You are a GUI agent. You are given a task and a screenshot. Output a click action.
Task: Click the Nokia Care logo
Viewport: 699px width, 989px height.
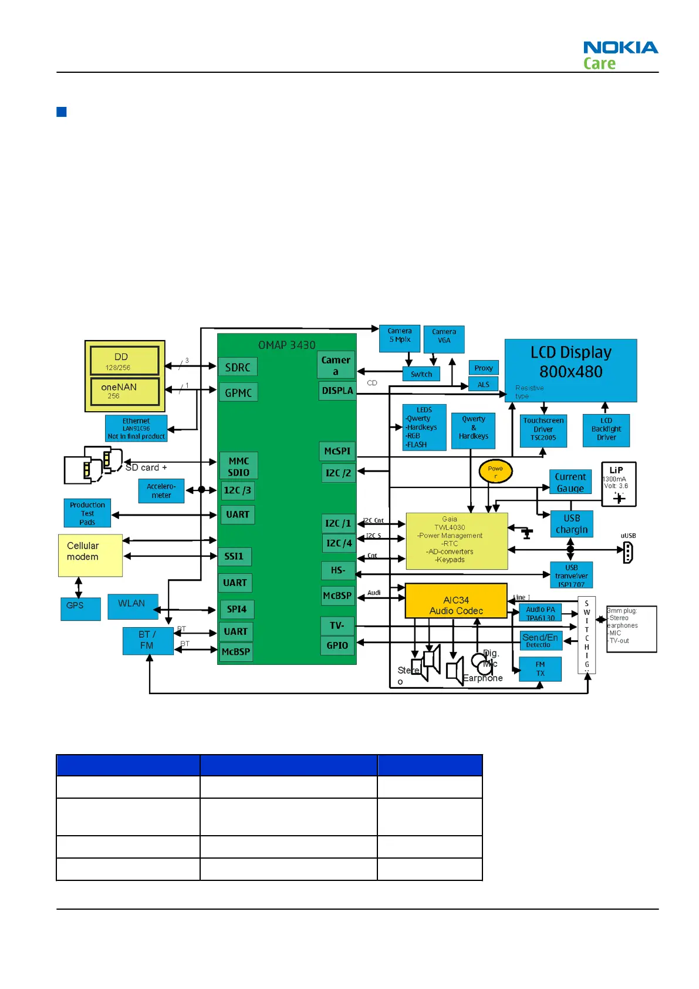[x=620, y=55]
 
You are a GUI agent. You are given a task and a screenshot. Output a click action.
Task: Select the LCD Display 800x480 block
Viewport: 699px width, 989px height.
[x=570, y=370]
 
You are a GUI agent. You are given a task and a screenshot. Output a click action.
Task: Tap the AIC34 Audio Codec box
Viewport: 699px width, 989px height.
[x=456, y=601]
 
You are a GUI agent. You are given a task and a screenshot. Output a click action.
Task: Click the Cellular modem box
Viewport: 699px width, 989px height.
[x=90, y=555]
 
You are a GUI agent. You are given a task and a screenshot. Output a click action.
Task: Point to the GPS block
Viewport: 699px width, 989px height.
[x=80, y=608]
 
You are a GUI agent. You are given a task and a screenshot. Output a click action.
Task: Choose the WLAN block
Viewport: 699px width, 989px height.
[x=133, y=607]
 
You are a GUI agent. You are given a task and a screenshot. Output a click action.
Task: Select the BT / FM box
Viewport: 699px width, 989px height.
[x=148, y=641]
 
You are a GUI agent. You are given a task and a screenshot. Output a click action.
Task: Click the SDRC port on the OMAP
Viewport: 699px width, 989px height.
[x=238, y=367]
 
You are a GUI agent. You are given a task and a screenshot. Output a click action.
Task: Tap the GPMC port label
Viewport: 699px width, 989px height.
[x=238, y=393]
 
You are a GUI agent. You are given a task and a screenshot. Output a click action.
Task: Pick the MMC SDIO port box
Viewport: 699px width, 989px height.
[x=239, y=466]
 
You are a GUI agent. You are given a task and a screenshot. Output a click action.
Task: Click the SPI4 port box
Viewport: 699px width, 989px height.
[x=237, y=609]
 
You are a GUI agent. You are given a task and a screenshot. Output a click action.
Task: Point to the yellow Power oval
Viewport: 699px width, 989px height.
[x=495, y=471]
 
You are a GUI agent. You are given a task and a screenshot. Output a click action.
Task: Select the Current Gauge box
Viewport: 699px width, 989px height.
[x=570, y=482]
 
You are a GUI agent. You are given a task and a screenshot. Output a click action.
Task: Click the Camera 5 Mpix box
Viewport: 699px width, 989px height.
[x=400, y=338]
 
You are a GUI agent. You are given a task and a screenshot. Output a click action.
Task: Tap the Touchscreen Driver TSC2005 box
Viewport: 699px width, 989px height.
[x=543, y=430]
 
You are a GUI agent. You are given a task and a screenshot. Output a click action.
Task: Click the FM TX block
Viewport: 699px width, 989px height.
[x=540, y=669]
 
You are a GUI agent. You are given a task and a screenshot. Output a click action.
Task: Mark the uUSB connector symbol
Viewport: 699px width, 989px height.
[x=627, y=552]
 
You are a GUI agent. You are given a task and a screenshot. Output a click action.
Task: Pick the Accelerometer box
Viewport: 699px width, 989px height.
[x=161, y=491]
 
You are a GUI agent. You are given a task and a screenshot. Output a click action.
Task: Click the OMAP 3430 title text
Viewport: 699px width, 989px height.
[x=286, y=345]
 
